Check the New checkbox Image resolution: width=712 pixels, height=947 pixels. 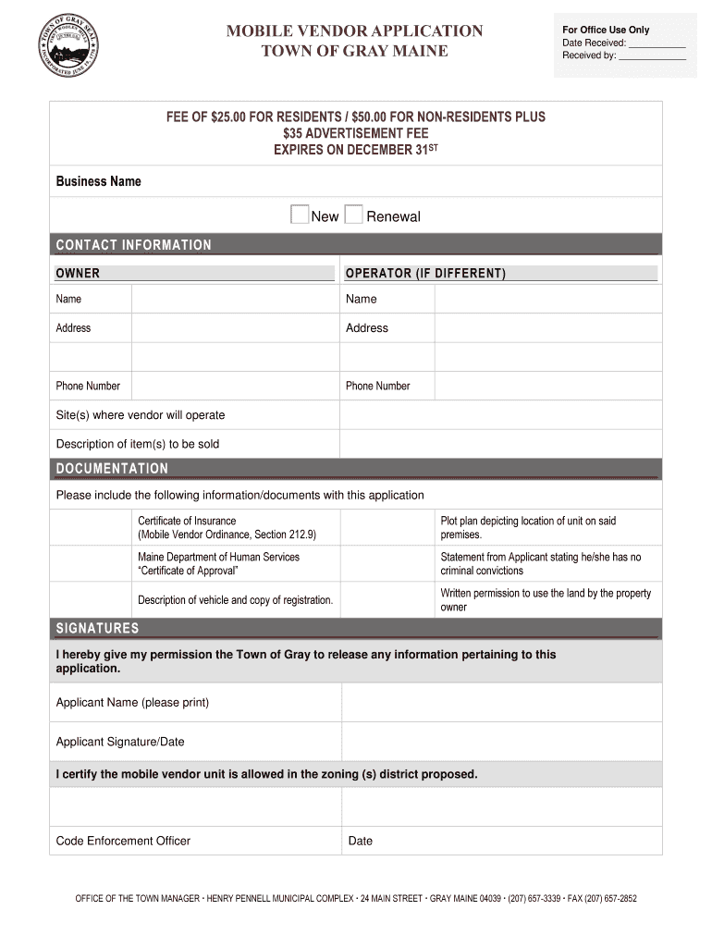[299, 215]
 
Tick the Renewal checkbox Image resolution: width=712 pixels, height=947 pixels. [353, 215]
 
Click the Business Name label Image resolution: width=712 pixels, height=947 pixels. [98, 181]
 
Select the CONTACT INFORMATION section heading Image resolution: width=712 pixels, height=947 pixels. [133, 245]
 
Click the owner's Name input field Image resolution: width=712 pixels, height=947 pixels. [235, 300]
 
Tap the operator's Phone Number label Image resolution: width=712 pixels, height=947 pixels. [377, 386]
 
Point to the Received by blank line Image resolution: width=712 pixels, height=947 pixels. [652, 55]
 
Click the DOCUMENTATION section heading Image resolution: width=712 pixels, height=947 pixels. [112, 469]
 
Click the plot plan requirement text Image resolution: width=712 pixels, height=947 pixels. [528, 528]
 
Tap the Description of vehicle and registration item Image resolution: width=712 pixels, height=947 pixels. [235, 600]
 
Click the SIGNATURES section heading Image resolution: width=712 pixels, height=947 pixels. [97, 629]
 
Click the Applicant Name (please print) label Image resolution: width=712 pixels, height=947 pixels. [132, 703]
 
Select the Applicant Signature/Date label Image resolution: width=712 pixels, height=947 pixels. [120, 742]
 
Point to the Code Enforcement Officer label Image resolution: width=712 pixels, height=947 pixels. [123, 841]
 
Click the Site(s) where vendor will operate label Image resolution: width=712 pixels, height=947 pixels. [141, 415]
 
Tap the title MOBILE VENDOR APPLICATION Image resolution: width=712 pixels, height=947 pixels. [355, 31]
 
